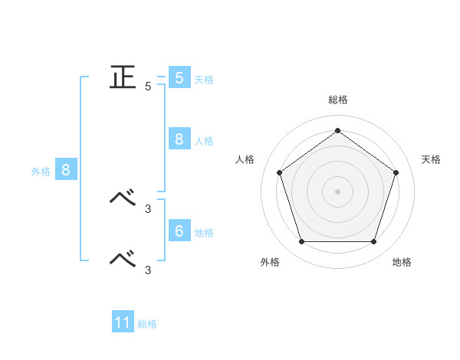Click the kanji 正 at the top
[122, 77]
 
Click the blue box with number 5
[179, 77]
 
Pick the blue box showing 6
[179, 231]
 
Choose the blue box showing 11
[123, 322]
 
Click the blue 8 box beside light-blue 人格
[179, 139]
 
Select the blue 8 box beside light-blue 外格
[66, 170]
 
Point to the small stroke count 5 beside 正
[148, 87]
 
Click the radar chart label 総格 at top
[338, 100]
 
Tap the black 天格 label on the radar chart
[432, 159]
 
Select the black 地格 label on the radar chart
[402, 262]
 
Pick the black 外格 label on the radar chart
[270, 262]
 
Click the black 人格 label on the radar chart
[245, 159]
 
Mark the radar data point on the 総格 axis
[337, 130]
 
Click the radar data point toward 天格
[396, 172]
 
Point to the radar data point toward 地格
[373, 242]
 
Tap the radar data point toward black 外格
[301, 242]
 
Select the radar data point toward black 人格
[279, 172]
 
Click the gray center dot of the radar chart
[337, 191]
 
